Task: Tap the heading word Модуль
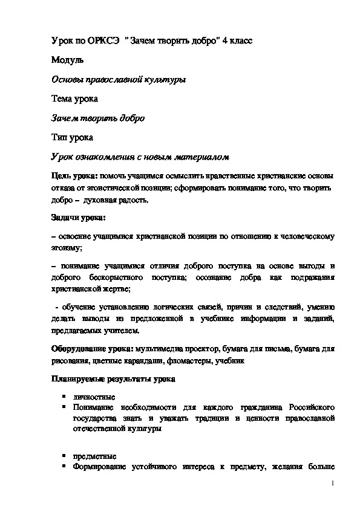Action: click(63, 60)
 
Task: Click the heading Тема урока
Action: click(74, 99)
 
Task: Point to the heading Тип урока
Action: click(71, 137)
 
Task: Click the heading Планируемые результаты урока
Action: click(113, 380)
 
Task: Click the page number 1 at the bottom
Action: click(333, 484)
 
